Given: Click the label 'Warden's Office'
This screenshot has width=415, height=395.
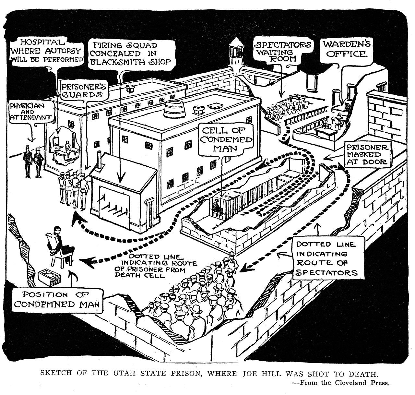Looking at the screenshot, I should pos(346,49).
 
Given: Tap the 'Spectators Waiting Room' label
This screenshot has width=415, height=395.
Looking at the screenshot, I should pos(283,51).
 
